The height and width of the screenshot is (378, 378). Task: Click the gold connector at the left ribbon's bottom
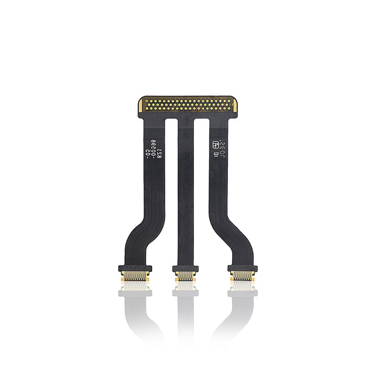135,276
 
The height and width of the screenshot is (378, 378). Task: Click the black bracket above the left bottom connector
135,268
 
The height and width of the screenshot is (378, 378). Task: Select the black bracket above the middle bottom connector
185,268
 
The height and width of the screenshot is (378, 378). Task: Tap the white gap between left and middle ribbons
171,176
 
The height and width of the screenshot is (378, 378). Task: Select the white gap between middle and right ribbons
202,176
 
